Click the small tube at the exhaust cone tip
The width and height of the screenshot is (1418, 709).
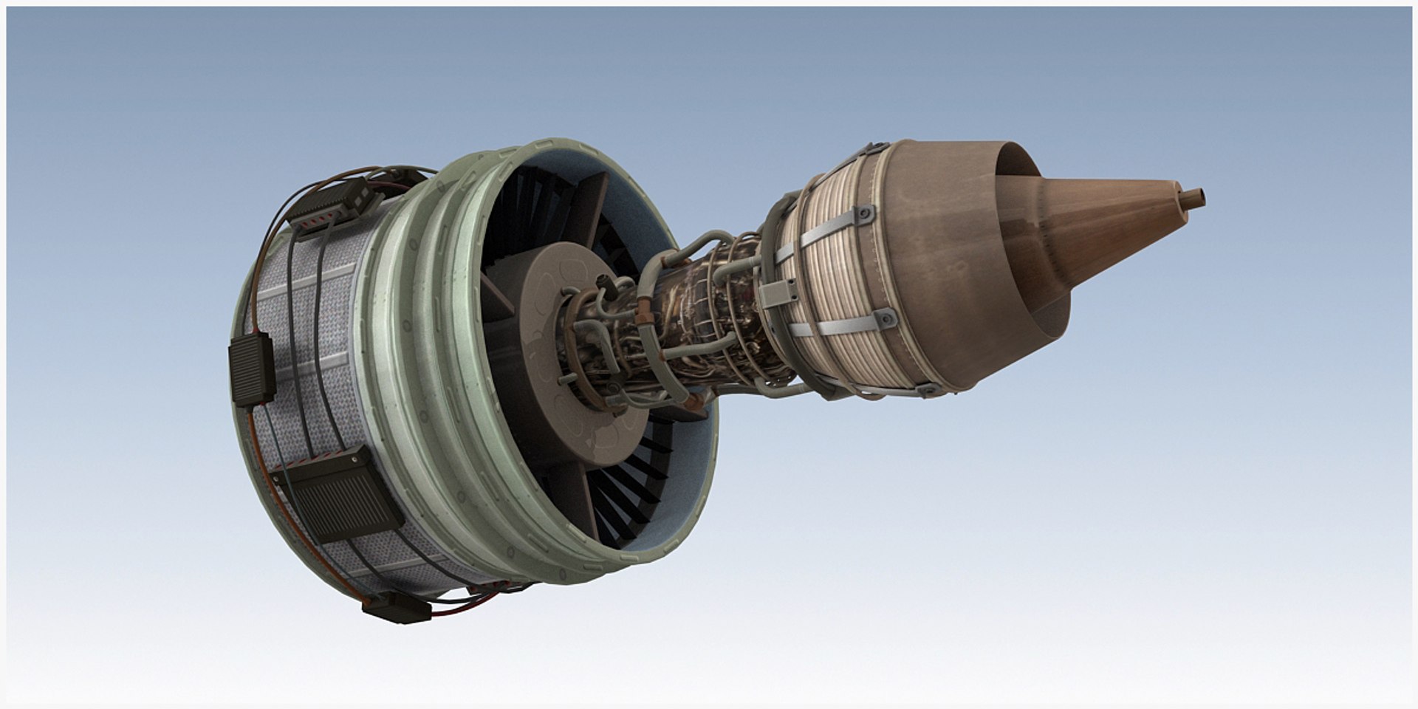point(1193,197)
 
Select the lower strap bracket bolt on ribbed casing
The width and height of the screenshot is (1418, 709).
point(884,319)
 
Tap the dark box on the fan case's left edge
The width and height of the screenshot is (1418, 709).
point(252,370)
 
